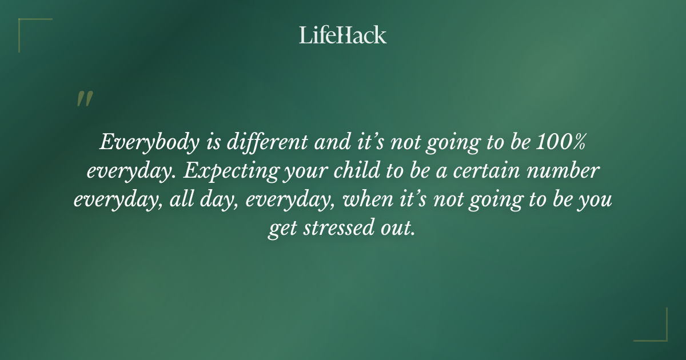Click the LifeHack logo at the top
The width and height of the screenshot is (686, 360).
coord(342,35)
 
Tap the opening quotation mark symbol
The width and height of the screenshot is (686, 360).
coord(84,99)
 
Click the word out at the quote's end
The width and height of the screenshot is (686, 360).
coord(397,229)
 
